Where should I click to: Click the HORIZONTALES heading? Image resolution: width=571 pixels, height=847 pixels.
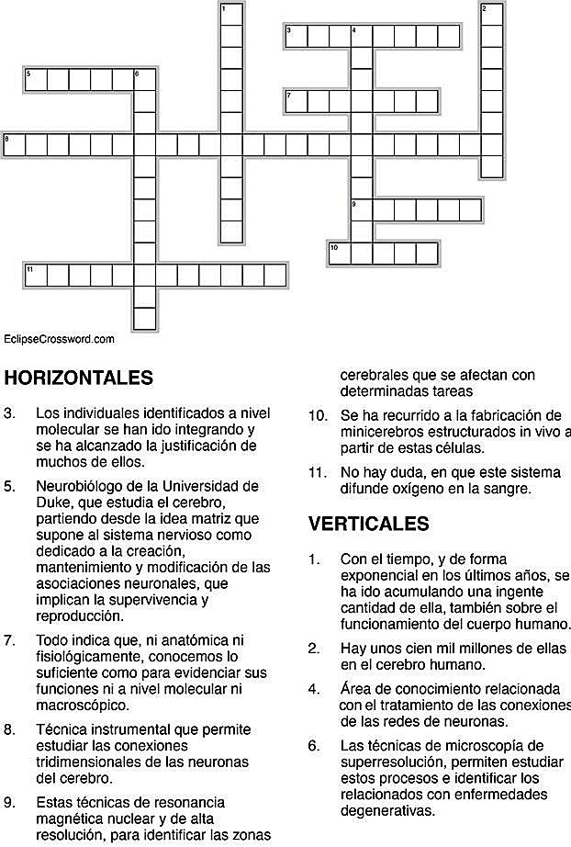point(78,378)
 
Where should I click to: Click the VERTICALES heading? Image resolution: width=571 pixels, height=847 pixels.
point(368,524)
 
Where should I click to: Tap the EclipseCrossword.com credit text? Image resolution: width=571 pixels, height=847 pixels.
point(59,339)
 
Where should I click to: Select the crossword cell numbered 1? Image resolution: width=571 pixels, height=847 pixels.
point(231,15)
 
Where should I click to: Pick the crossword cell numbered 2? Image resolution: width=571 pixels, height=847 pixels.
point(492,15)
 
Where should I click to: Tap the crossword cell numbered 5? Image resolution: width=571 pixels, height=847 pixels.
point(35,80)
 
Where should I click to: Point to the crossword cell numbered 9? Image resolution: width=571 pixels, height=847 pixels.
point(362,210)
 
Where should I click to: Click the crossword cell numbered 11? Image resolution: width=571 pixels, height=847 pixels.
point(35,275)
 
